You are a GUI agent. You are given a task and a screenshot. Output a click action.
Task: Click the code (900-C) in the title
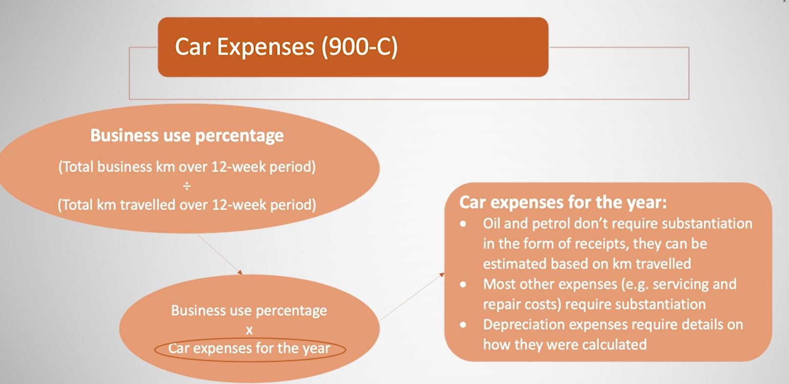(360, 47)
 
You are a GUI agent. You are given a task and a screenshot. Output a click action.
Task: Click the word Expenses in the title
(265, 47)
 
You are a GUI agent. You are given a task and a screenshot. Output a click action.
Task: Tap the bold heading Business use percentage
(187, 135)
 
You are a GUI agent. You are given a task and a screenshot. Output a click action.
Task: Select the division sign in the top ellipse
(187, 186)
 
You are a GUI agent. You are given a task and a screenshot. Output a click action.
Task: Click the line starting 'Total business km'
(187, 167)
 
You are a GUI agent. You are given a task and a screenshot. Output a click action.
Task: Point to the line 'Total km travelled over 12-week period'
(187, 205)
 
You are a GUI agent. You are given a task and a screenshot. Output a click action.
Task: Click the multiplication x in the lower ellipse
(249, 330)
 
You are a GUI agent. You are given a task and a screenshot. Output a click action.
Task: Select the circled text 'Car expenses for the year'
(249, 348)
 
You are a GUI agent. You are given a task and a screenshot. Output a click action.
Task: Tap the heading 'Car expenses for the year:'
(563, 202)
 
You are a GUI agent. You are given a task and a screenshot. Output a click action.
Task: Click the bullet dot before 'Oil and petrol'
(463, 224)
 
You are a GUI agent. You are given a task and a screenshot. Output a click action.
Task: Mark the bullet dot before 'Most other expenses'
(463, 284)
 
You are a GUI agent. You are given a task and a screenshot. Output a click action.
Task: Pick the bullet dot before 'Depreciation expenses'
(463, 325)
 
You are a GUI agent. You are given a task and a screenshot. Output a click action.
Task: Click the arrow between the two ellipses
(219, 254)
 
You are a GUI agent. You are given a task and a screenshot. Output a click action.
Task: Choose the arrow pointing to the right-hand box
(412, 297)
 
